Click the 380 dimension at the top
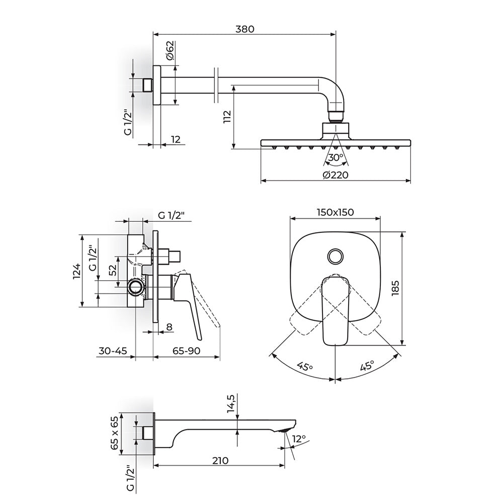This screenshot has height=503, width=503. [x=245, y=29]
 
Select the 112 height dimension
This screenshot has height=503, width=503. [x=227, y=117]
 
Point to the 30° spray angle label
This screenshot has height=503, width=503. [x=336, y=157]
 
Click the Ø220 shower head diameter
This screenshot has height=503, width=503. [x=336, y=175]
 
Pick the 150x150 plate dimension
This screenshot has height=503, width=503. [x=335, y=212]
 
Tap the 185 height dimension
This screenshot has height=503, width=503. [x=395, y=288]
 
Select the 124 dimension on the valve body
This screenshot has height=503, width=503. [x=76, y=272]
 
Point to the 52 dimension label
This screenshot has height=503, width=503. [x=113, y=271]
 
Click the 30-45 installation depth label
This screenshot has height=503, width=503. [x=113, y=351]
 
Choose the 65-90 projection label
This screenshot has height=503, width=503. [x=187, y=351]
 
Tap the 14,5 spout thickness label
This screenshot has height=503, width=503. [x=231, y=403]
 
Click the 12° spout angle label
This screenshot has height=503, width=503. [x=299, y=439]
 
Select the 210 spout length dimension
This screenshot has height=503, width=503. [x=220, y=460]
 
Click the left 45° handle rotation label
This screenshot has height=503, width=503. [x=304, y=366]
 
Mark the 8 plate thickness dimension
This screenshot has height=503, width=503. [x=170, y=327]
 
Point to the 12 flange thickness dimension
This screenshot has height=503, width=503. [x=176, y=139]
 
